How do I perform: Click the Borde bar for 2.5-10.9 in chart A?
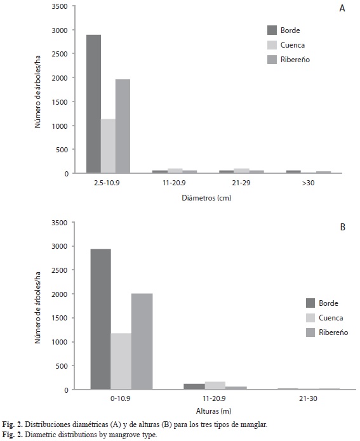pos(93,104)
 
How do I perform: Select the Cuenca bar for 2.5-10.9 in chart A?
pos(108,146)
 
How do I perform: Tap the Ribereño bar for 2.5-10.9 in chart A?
pos(123,126)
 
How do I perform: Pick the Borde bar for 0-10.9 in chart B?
pos(100,319)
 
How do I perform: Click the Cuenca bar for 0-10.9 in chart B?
pos(121,362)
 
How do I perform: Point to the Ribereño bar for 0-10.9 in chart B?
pos(142,341)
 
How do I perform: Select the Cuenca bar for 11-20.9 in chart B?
pos(215,386)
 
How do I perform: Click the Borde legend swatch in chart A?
pos(272,30)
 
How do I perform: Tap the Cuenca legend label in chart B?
pos(331,318)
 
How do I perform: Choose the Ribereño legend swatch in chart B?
pos(310,332)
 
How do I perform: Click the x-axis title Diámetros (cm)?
pos(206,198)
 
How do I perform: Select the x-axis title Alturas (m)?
pos(213,411)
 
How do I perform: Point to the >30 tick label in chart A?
pos(308,183)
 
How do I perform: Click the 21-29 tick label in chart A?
pos(241,183)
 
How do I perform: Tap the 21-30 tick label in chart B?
pos(308,398)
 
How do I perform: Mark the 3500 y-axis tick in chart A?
pos(60,6)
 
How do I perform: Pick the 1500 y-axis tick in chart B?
pos(60,318)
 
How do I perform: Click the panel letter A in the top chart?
pos(342,8)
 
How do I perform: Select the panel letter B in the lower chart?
pos(343,227)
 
